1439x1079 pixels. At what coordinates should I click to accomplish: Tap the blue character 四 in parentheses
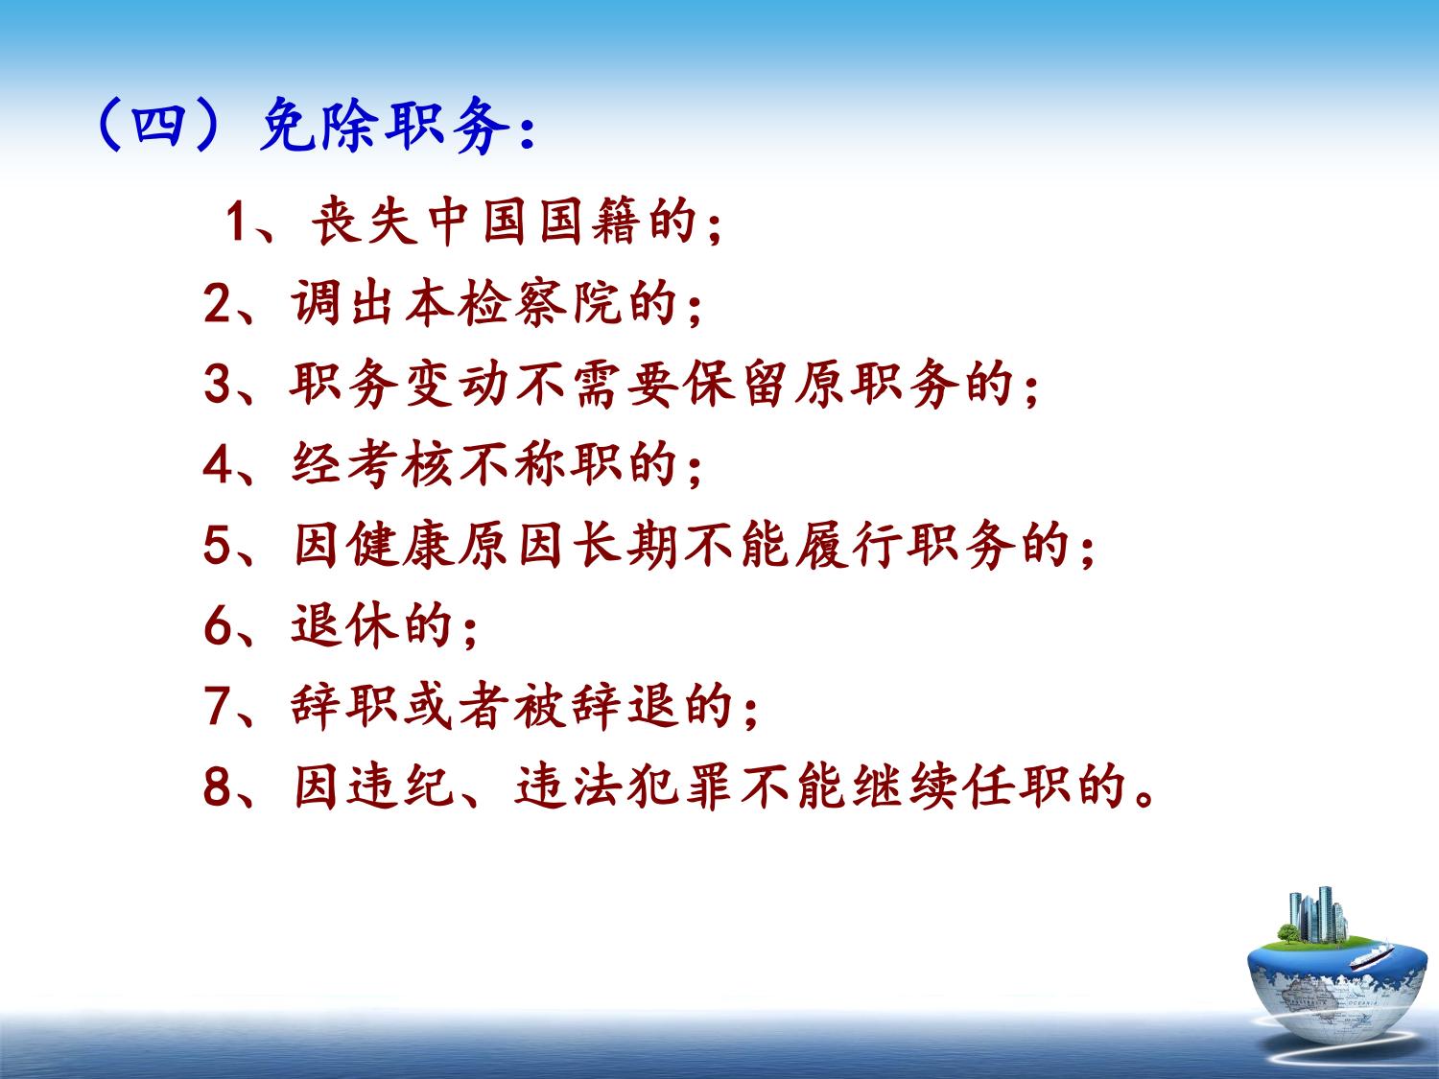click(x=158, y=125)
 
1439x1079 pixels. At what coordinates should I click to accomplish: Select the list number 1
click(x=235, y=222)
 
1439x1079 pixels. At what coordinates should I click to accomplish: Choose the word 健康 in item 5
click(x=401, y=545)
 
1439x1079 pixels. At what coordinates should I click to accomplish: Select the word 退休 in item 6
click(x=344, y=625)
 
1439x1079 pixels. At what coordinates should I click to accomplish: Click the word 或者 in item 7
click(x=456, y=706)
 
